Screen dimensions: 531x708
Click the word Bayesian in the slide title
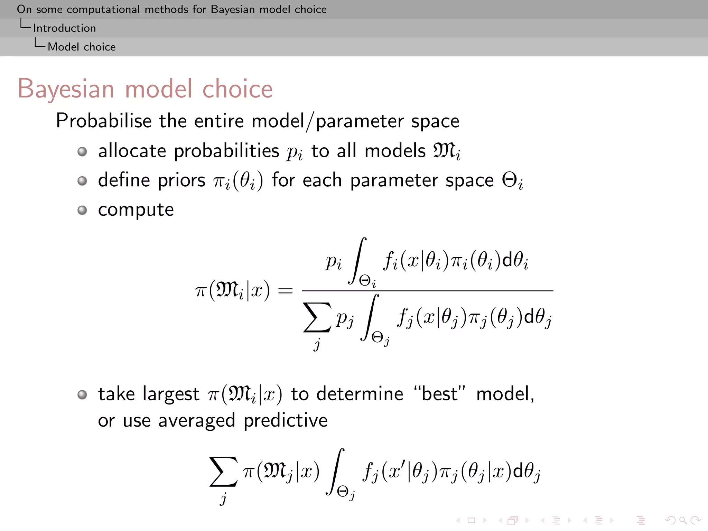click(x=66, y=89)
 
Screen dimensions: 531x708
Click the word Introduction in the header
click(x=64, y=28)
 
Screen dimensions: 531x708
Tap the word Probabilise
click(x=104, y=121)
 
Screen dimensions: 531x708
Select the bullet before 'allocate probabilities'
click(x=82, y=151)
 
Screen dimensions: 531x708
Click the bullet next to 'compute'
click(x=82, y=210)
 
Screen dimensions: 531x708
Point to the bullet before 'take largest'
click(x=82, y=394)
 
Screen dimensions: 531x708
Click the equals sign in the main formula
click(x=285, y=291)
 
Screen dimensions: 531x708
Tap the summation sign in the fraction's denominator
click(x=317, y=317)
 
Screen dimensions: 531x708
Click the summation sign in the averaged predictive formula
click(x=223, y=472)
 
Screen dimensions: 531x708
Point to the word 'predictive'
click(x=286, y=421)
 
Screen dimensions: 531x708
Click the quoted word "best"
click(x=440, y=394)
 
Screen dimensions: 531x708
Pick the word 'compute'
click(x=136, y=210)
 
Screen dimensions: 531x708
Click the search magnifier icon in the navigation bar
click(x=682, y=520)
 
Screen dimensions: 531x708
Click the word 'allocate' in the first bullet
click(x=132, y=151)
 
